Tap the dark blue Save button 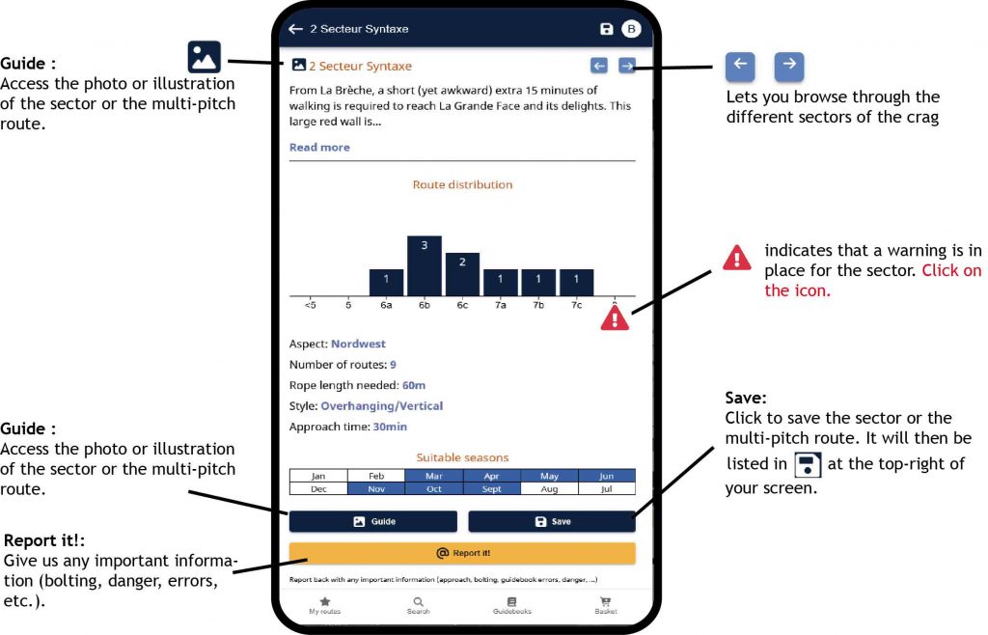551,521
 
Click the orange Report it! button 462,552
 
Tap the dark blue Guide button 373,521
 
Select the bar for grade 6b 425,265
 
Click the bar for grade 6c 462,274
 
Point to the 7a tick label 501,305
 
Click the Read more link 319,147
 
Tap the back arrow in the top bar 295,29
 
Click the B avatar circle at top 631,29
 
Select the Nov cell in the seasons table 376,489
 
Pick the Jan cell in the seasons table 318,476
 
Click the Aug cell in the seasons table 549,489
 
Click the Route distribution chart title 462,184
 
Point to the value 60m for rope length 414,385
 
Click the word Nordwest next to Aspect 358,344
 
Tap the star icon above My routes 325,601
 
